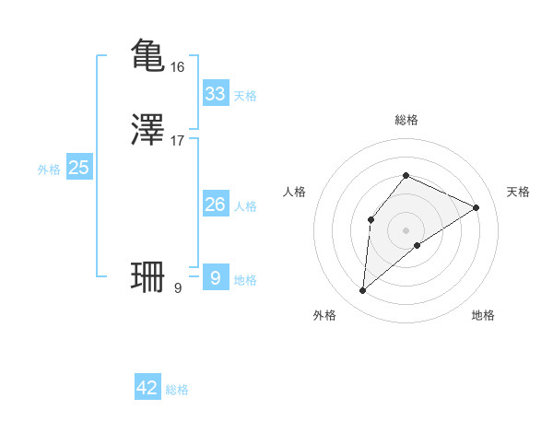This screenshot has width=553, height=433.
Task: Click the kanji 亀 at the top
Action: coord(148,55)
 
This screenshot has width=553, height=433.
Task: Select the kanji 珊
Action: coord(148,276)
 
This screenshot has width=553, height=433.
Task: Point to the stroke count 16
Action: coord(178,67)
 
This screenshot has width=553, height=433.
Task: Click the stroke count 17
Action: coord(178,141)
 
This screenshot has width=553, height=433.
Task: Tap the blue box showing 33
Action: coord(215,94)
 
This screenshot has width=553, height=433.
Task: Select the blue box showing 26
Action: coord(215,205)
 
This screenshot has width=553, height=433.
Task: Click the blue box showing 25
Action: coord(78,168)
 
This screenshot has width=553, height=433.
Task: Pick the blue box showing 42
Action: coord(147,388)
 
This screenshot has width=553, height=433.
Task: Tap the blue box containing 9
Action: coord(215,277)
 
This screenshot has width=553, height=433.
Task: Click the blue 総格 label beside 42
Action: coord(177,390)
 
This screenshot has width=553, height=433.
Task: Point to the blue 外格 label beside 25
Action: coord(49,170)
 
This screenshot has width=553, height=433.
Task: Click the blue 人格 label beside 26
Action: coord(245,206)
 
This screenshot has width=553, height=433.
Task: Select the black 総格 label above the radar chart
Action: coord(406,120)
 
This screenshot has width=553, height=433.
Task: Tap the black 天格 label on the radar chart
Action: coord(518,192)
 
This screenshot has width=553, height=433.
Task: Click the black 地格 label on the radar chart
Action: coord(483,315)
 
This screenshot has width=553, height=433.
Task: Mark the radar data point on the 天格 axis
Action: coord(477,207)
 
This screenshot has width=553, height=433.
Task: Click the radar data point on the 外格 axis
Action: coord(363,291)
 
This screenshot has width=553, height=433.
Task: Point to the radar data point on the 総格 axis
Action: coord(406,175)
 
